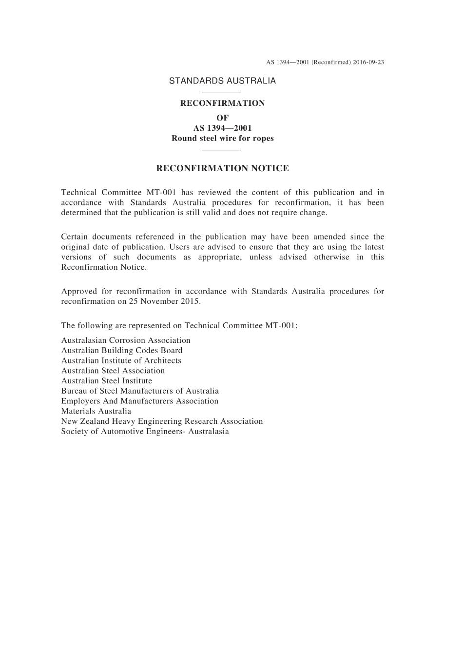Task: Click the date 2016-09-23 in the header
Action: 368,62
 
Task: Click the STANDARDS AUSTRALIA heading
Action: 222,81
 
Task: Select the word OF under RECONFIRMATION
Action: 222,118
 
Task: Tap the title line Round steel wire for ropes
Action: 222,138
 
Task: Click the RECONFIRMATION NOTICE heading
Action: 222,168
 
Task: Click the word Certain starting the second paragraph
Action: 75,237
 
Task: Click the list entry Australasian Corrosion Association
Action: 126,340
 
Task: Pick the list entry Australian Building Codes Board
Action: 122,350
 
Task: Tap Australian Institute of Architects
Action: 121,360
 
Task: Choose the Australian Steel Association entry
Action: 113,371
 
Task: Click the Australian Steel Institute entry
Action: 107,380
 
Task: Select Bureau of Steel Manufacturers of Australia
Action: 140,391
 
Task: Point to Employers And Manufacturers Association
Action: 140,401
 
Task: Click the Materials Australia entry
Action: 96,411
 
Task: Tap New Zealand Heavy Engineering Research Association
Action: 162,421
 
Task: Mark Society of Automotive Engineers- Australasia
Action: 145,431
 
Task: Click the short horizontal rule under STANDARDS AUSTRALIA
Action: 222,93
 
